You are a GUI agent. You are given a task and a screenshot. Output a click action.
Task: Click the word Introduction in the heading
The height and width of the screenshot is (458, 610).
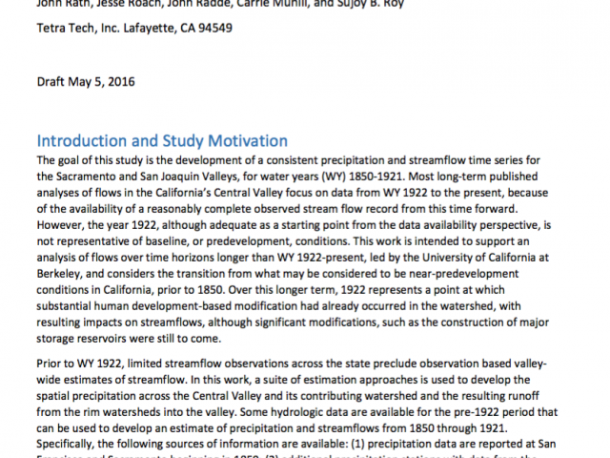tap(81, 141)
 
